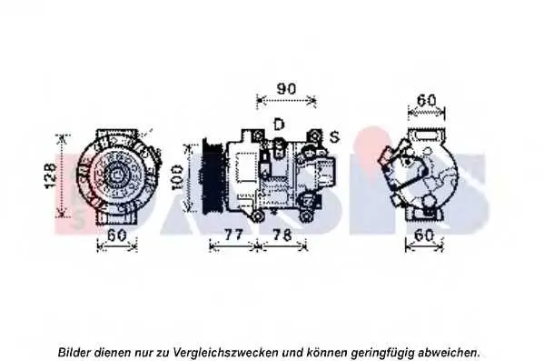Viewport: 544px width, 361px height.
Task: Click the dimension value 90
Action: click(x=287, y=89)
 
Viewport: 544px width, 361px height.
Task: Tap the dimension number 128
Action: click(x=51, y=175)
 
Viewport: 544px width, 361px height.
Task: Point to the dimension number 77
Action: click(x=233, y=235)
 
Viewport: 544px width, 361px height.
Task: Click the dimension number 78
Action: click(x=282, y=235)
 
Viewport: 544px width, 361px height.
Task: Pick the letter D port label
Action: click(x=279, y=124)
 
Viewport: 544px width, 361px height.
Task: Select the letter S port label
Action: click(x=334, y=137)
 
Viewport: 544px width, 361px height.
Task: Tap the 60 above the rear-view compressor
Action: click(x=426, y=100)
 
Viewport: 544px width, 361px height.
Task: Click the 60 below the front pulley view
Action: click(x=116, y=236)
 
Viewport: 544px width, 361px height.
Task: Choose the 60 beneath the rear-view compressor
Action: click(x=424, y=236)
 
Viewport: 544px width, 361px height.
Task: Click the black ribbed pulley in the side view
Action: click(x=213, y=175)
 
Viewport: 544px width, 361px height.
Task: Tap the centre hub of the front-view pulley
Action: click(x=117, y=175)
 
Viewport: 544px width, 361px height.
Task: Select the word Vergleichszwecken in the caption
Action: click(x=225, y=353)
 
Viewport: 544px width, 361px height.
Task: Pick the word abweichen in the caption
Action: click(x=448, y=352)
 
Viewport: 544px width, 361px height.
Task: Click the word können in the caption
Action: click(x=327, y=352)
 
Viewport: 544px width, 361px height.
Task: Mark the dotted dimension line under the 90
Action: click(x=287, y=100)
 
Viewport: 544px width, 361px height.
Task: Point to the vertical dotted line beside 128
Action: click(x=62, y=175)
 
